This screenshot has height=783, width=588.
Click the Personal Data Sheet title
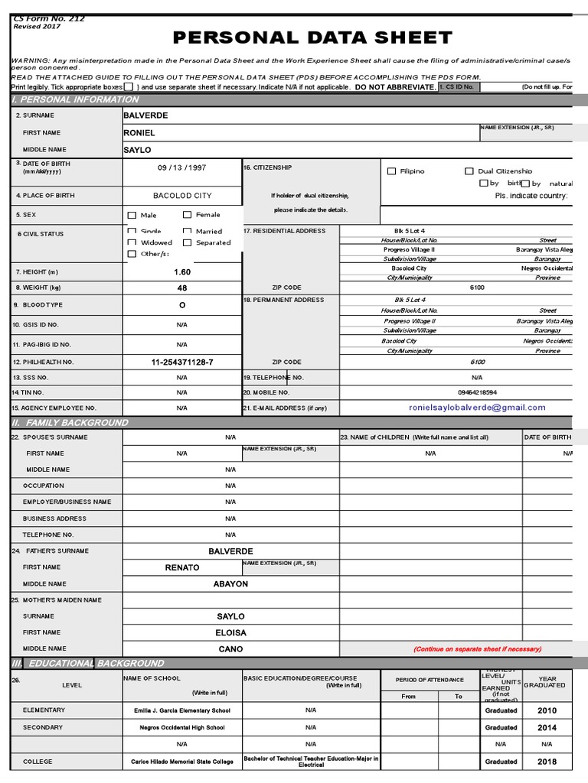312,38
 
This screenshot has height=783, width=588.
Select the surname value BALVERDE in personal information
145,115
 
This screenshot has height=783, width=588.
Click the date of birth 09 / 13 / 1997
182,167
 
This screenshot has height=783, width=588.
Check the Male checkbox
132,216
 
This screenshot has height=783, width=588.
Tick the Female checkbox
188,216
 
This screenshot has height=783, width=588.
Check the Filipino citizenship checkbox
392,172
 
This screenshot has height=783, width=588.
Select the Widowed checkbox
132,242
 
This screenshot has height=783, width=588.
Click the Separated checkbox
188,242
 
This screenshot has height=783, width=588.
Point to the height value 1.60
182,271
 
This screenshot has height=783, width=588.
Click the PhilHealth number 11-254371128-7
182,362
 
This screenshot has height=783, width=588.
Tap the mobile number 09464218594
477,392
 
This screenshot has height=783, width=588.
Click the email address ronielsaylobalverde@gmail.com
477,408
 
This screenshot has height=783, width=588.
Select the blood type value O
182,304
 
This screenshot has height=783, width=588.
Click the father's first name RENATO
182,567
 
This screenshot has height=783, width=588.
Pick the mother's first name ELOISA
230,632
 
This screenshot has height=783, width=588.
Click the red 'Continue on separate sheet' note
477,649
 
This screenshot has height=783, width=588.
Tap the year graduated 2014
547,727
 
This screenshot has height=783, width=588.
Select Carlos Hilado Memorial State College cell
182,762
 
